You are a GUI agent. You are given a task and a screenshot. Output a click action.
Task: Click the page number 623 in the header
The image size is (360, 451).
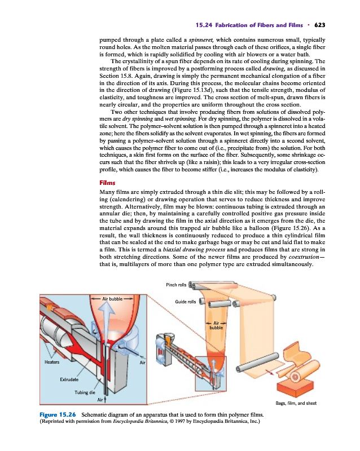click(320, 25)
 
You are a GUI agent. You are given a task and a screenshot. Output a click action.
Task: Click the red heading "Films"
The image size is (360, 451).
click(107, 183)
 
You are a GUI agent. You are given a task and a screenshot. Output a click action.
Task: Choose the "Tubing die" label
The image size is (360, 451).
click(85, 392)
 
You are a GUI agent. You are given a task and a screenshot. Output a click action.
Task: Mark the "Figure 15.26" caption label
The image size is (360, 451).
click(56, 415)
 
